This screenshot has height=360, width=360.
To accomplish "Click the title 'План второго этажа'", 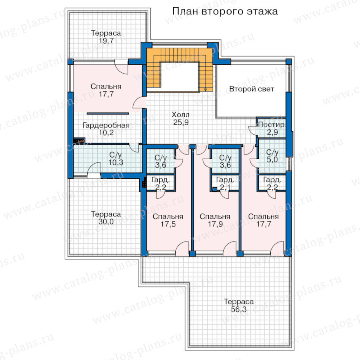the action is point(225,11).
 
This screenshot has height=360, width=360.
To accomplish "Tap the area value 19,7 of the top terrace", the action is point(106,41).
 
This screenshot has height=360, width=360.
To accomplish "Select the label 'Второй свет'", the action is point(252,89).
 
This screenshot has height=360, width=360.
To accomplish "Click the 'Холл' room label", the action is point(181,114).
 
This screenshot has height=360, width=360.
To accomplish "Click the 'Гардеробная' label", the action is point(106,125).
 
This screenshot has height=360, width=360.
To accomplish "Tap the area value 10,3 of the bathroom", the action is point(116,162).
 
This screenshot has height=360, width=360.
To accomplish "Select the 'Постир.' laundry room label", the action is point(272,125).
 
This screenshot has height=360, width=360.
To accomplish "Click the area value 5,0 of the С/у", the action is point(272,160).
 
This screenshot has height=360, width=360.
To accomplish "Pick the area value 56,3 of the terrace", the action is point(239,310).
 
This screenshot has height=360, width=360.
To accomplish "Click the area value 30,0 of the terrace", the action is point(106,222).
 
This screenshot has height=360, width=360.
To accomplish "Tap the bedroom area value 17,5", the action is point(168,224).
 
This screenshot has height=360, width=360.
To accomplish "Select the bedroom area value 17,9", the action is point(215,224).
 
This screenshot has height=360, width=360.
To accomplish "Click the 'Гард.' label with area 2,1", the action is point(225,180).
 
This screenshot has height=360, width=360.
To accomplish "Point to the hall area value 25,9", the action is point(181,122).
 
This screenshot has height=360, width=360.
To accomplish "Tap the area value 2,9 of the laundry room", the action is point(272,132).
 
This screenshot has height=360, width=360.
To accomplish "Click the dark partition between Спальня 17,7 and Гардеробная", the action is point(108,114).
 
